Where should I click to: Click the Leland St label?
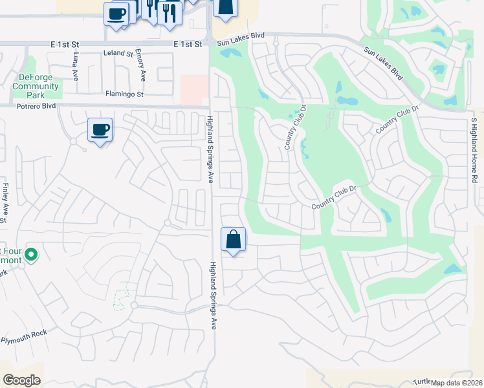(x=117, y=54)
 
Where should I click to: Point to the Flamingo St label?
(x=124, y=94)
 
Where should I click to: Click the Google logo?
(x=21, y=380)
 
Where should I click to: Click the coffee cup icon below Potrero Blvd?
(x=100, y=130)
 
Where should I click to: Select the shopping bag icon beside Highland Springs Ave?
(x=233, y=240)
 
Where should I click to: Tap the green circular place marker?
(x=30, y=256)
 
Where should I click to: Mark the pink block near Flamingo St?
(x=194, y=90)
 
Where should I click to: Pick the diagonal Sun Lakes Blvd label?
(x=383, y=63)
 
